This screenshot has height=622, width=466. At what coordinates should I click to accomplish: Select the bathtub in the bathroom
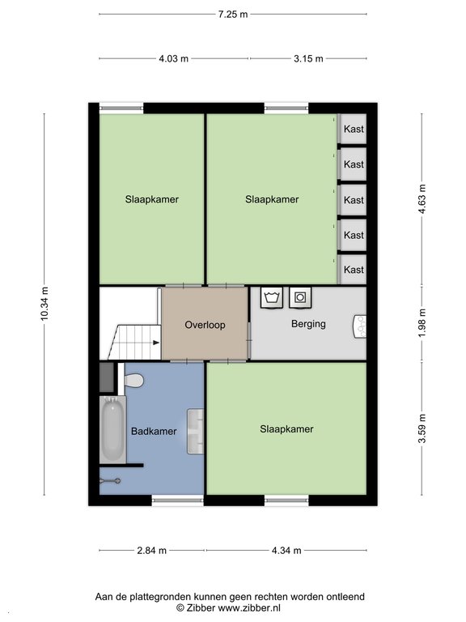pos(112,429)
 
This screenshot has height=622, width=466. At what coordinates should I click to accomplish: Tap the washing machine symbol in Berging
pos(272,297)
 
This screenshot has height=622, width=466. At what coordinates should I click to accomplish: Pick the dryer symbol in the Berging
pos(300,297)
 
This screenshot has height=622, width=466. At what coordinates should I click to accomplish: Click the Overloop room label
pos(205,325)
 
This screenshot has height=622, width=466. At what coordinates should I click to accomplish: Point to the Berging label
pos(308,324)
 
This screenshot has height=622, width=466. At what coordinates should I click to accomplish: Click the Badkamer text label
pos(154,431)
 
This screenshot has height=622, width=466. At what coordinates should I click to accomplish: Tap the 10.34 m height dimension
pos(44,304)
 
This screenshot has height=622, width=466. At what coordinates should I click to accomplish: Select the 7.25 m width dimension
pos(233,15)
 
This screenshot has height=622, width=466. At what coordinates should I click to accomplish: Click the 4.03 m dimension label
pos(174,58)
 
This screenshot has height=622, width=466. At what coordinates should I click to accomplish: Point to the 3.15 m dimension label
pos(308,58)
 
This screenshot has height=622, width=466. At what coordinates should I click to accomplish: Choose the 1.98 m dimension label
pos(422,323)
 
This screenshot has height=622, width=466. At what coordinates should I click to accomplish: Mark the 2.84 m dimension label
pos(152,551)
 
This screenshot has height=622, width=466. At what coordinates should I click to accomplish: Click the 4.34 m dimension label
pos(286,551)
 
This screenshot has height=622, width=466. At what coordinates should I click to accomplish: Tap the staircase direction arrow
pos(156,343)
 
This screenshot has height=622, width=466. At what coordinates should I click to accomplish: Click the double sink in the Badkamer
pos(195,431)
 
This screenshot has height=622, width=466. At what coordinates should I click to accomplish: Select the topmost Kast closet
pos(354,129)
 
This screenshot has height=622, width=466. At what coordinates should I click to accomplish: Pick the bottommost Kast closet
pos(354,270)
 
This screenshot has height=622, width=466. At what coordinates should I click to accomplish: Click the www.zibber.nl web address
pos(250,607)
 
